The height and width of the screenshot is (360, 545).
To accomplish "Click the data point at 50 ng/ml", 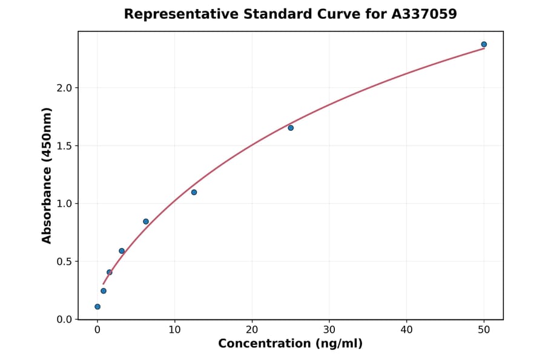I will pos(484,44).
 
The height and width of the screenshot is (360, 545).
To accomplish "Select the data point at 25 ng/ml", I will pos(291,128).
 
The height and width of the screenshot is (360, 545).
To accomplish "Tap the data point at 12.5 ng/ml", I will pos(194,192).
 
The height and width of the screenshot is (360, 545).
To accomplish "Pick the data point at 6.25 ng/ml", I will pos(146,221).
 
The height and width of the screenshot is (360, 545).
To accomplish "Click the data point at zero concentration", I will pos(97,307).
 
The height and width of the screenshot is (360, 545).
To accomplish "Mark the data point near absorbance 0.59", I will pos(122,251).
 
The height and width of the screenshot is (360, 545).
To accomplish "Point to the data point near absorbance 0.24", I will pos(104,291).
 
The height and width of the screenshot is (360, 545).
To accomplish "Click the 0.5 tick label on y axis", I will pos(64,262).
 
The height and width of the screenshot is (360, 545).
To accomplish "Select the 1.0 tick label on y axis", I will pos(64,204).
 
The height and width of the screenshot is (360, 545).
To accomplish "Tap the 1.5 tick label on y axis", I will pos(64,146).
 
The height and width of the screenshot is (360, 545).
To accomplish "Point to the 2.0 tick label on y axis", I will pos(64,88).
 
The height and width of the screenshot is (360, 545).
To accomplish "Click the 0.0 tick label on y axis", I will pos(64,319).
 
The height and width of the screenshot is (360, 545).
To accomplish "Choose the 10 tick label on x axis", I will pos(174,330).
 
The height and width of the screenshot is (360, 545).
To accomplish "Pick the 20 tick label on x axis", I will pos(252,330).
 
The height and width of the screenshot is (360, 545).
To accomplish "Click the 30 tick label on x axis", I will pos(329,330).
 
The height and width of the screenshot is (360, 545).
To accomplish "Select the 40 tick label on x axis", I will pos(406,330).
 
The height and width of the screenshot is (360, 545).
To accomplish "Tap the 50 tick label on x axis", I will pos(484,330).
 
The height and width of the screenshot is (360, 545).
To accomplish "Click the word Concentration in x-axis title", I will pos(263,344).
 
